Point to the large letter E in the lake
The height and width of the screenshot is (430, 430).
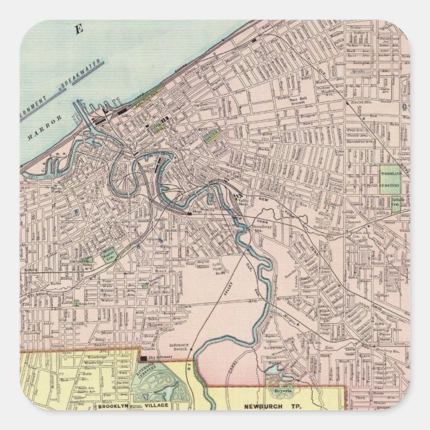(x=79, y=28)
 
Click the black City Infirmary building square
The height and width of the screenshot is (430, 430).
(x=143, y=359)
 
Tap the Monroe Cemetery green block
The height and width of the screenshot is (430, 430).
(x=107, y=254)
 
